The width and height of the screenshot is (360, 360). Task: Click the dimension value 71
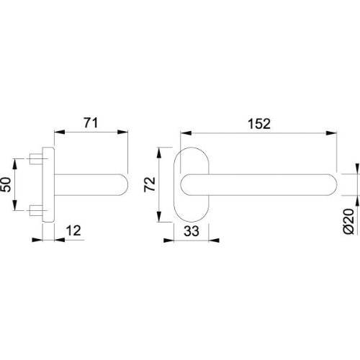click(91, 123)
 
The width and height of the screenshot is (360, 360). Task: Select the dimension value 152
click(259, 124)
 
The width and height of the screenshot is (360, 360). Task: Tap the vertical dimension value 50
click(6, 184)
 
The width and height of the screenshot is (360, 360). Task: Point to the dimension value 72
click(150, 184)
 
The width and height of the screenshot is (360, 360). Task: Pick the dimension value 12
click(73, 230)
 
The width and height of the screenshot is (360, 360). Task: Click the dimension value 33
click(192, 231)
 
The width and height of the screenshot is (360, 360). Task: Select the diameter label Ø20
click(348, 221)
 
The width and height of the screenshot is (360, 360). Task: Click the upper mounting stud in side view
click(36, 159)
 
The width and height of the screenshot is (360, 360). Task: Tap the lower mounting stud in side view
click(36, 210)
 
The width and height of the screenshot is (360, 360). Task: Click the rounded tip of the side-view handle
click(125, 184)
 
